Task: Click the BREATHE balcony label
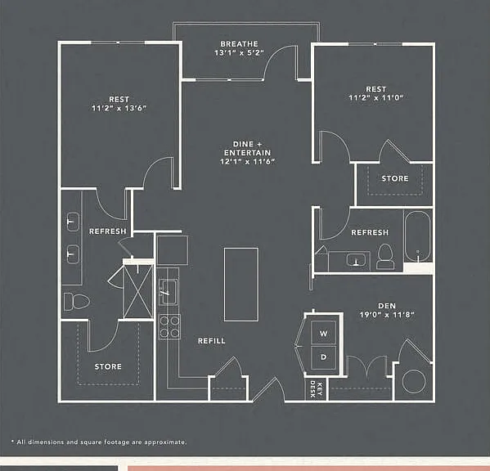tap(239, 44)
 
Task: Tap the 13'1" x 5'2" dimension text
tap(239, 53)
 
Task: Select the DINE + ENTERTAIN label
tap(247, 148)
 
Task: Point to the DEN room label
tap(387, 306)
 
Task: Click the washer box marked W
tap(323, 333)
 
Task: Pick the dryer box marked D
tap(323, 357)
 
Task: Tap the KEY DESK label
tap(316, 389)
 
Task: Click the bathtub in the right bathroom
tap(417, 236)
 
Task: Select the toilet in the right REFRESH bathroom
tap(385, 257)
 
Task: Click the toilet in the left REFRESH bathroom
tap(77, 302)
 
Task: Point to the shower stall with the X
tap(138, 292)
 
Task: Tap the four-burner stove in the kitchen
tap(169, 327)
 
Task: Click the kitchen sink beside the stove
tap(169, 292)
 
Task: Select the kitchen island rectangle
tap(241, 285)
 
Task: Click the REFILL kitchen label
tap(212, 341)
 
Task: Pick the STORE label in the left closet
tap(108, 366)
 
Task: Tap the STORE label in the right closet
tap(395, 178)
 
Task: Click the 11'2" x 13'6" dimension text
tap(119, 108)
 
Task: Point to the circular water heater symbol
tap(414, 381)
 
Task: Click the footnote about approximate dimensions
tap(99, 442)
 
